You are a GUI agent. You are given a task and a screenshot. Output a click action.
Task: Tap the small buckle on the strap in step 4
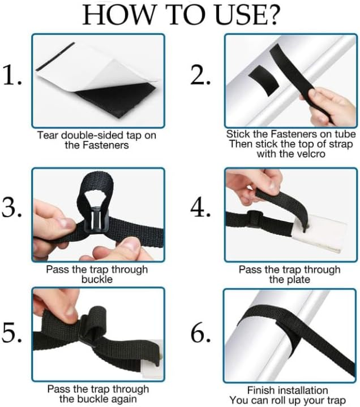tap(255, 217)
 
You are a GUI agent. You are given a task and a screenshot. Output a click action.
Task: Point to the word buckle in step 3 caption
tap(97, 279)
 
